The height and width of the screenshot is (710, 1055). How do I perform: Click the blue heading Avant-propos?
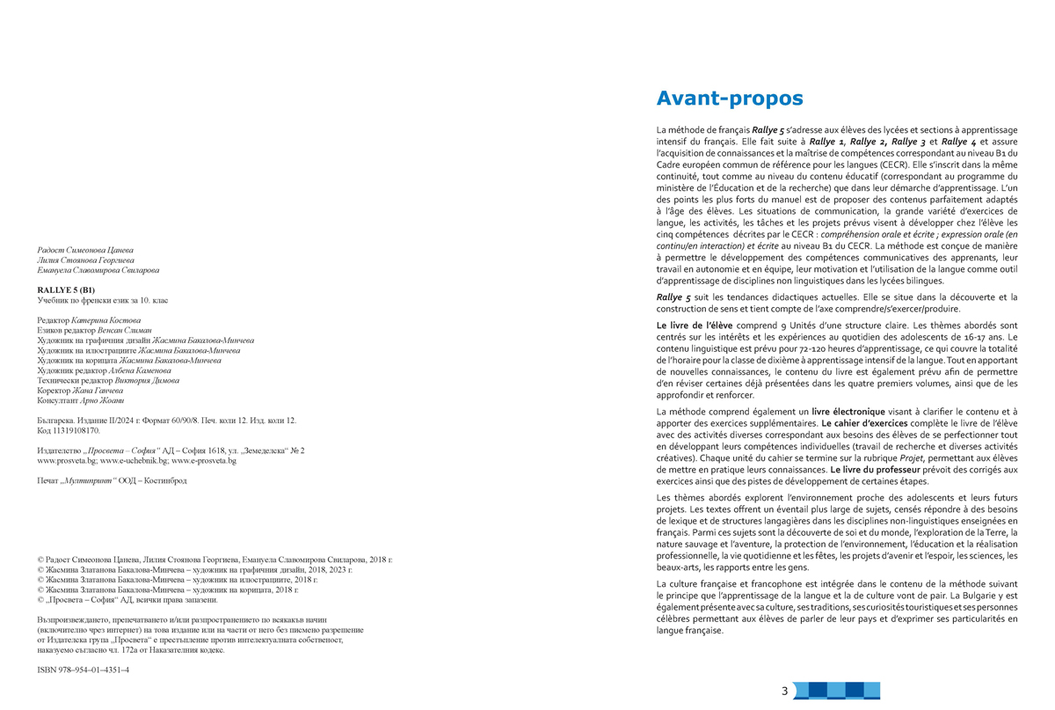pyautogui.click(x=730, y=99)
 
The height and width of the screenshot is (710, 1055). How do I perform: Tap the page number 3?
pyautogui.click(x=784, y=692)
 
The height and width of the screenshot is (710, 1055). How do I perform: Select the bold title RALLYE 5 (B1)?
pyautogui.click(x=67, y=289)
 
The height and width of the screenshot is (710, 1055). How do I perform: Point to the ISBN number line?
pyautogui.click(x=84, y=670)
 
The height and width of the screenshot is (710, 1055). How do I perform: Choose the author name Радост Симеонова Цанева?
pyautogui.click(x=85, y=251)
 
